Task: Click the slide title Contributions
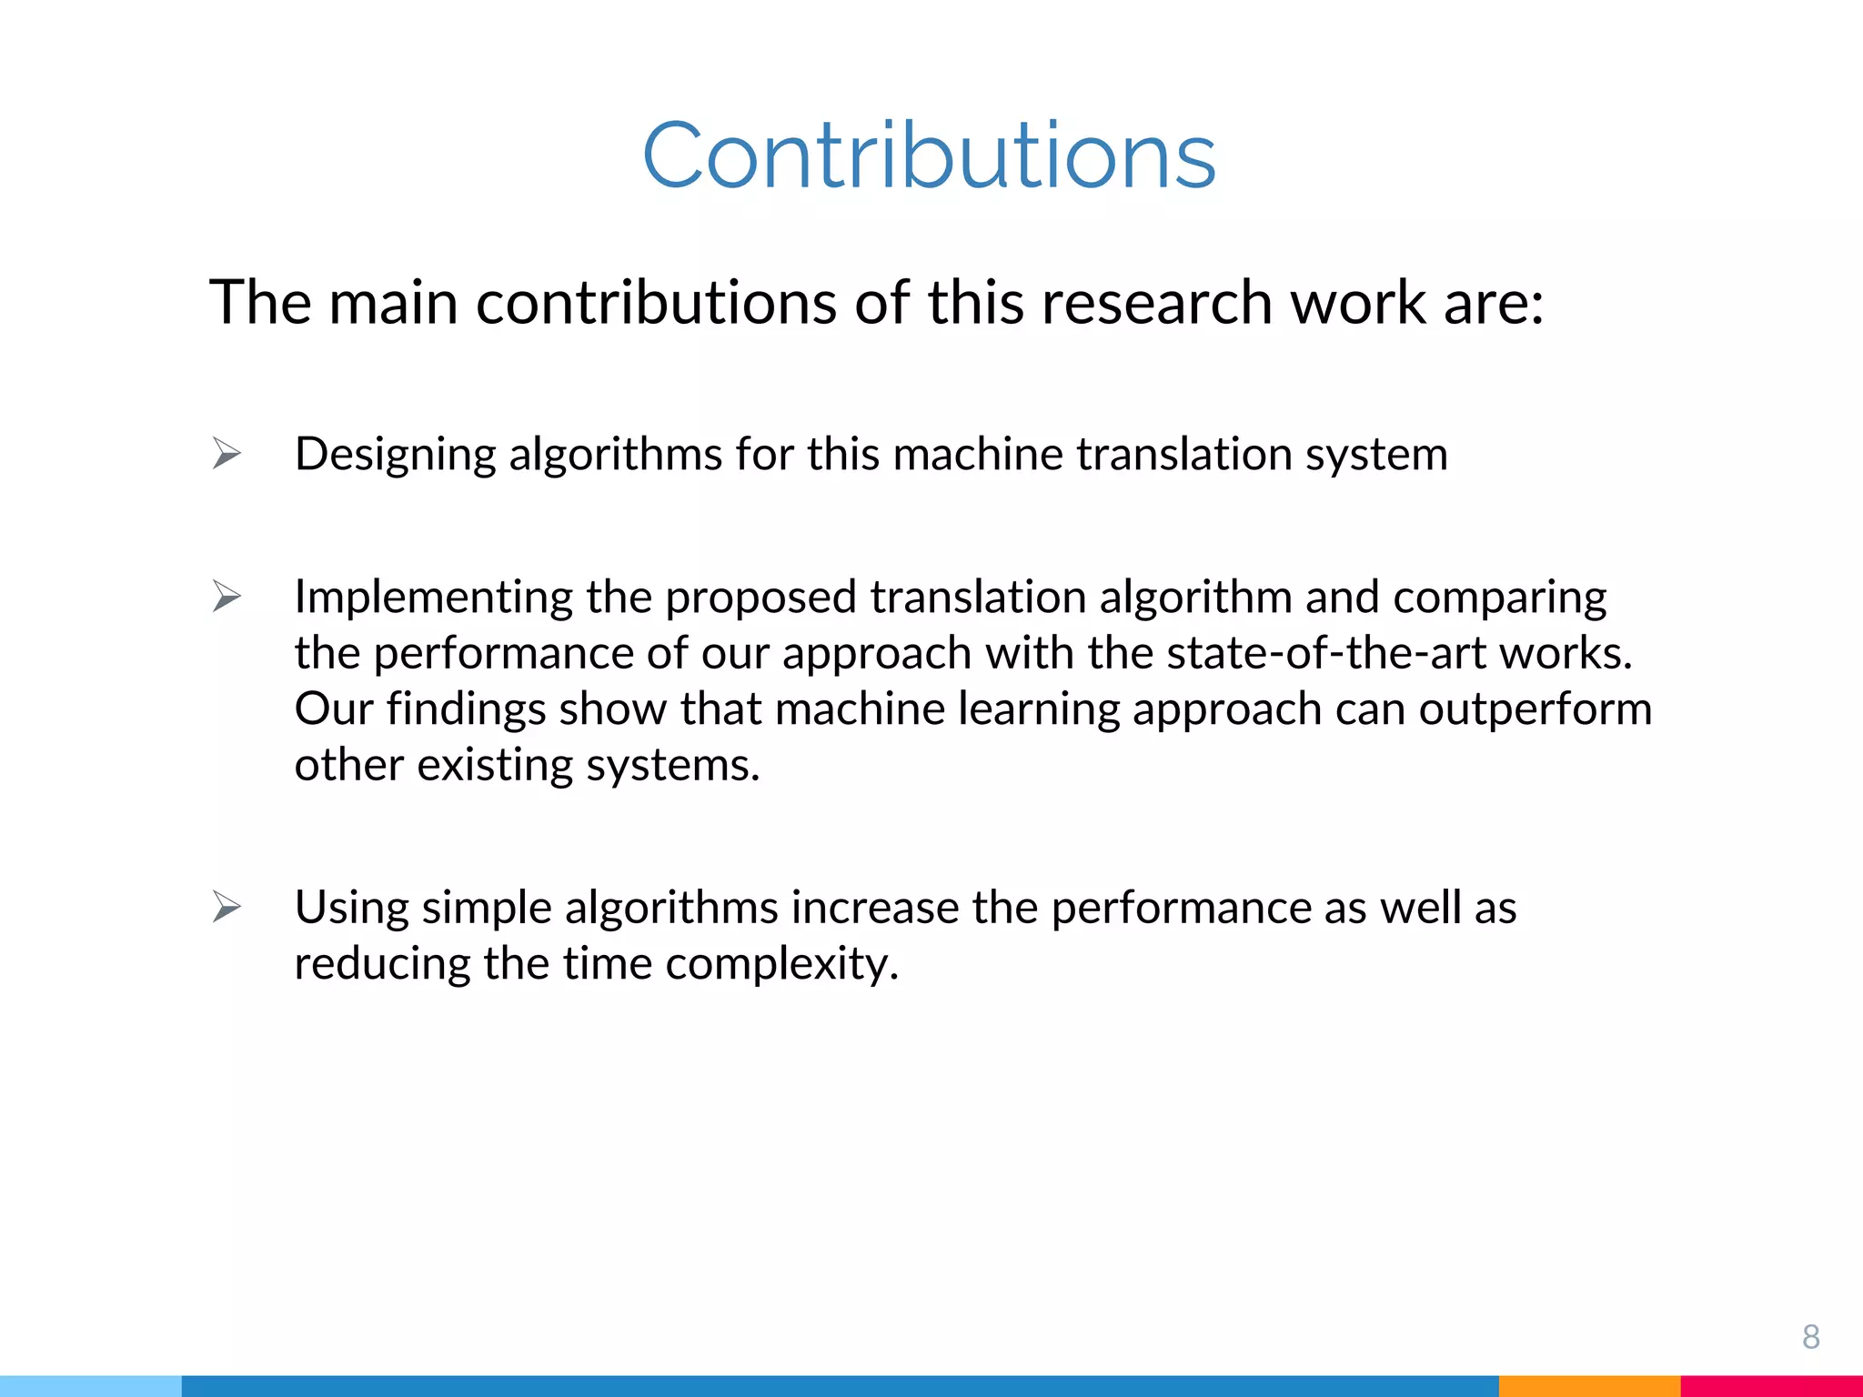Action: pos(929,156)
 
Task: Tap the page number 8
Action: pos(1810,1336)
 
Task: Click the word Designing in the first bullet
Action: pos(395,455)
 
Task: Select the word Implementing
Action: pos(433,598)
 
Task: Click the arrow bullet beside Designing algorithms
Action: pos(227,453)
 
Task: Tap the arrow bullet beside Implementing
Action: pos(227,597)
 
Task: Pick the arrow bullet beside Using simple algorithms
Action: pos(227,907)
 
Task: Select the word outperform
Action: pos(1535,709)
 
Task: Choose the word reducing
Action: pos(382,964)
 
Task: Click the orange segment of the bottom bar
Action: pos(1589,1386)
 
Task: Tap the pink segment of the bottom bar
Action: pos(1771,1386)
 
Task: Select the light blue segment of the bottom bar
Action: pos(91,1386)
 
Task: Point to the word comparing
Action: pos(1499,598)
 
